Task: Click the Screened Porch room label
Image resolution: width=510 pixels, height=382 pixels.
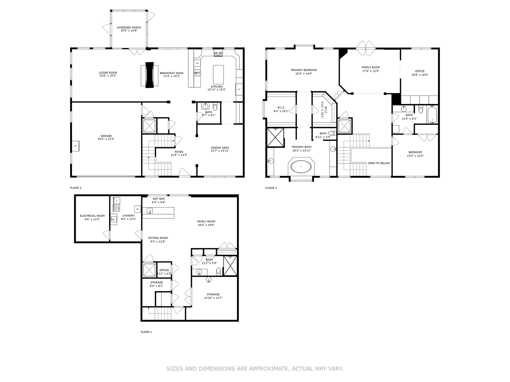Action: [129, 27]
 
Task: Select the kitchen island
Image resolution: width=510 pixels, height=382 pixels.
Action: [218, 74]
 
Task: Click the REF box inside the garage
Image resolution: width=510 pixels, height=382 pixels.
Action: [75, 146]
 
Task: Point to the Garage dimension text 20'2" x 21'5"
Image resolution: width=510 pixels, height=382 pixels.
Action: [106, 139]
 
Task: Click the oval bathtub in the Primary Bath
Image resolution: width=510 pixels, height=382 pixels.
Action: [301, 166]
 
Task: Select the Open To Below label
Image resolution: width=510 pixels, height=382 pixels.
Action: [379, 163]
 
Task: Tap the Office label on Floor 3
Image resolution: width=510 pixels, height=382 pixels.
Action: [420, 71]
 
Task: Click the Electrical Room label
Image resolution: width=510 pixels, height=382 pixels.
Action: [92, 216]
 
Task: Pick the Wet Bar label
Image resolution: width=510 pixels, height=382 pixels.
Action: [158, 199]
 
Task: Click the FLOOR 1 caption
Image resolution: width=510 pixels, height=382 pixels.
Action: [146, 332]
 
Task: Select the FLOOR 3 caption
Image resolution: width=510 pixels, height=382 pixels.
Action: [271, 188]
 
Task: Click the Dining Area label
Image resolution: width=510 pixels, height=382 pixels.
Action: [220, 147]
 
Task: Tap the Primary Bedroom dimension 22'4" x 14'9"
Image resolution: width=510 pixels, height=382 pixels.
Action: [304, 74]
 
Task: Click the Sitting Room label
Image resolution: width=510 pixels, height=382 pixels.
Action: [158, 238]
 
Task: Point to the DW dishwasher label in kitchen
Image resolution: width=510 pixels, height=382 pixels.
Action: [197, 63]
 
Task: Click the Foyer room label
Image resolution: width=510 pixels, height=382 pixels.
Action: [179, 152]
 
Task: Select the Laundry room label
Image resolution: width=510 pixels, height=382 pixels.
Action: [128, 215]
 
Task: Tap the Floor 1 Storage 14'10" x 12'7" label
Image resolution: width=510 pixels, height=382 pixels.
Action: [213, 298]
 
